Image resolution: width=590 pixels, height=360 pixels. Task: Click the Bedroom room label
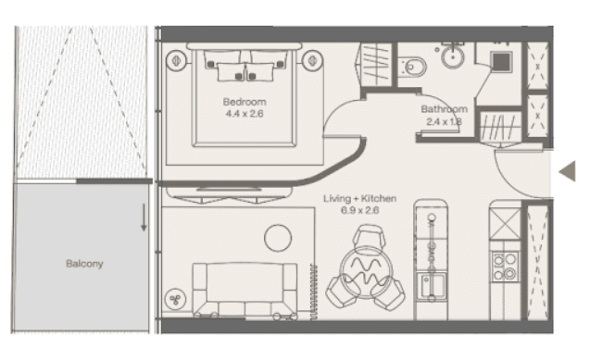pos(245,102)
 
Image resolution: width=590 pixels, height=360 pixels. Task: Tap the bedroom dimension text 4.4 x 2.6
pos(245,114)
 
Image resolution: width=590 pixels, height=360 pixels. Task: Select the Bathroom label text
pos(444,109)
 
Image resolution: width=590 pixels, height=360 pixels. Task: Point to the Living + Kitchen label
pos(359,198)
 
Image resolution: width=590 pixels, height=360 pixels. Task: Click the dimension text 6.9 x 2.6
pos(359,210)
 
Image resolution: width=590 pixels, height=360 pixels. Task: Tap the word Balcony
pos(84,264)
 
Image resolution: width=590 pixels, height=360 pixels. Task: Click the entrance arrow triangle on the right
pos(568,171)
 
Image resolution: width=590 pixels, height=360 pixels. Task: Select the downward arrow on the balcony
pos(144,217)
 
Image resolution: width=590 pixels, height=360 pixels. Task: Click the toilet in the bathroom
pos(412,68)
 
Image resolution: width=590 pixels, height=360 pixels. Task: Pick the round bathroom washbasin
pos(453,57)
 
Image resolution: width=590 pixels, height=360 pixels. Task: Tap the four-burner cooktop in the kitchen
pos(505,267)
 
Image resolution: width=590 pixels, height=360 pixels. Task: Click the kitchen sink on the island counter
pos(432,286)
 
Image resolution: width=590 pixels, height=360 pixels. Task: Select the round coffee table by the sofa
pos(278,238)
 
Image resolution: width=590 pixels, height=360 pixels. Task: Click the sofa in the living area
pos(245,290)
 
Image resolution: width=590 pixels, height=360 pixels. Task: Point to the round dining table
pos(366,273)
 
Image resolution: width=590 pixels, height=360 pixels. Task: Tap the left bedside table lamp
pos(176,60)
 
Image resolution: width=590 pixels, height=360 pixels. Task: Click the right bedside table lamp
pos(312,60)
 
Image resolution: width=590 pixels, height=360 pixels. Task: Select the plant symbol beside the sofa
pos(175,300)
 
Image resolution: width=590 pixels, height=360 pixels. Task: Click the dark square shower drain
pos(501,61)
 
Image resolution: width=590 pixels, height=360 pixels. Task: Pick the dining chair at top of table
pos(370,237)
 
